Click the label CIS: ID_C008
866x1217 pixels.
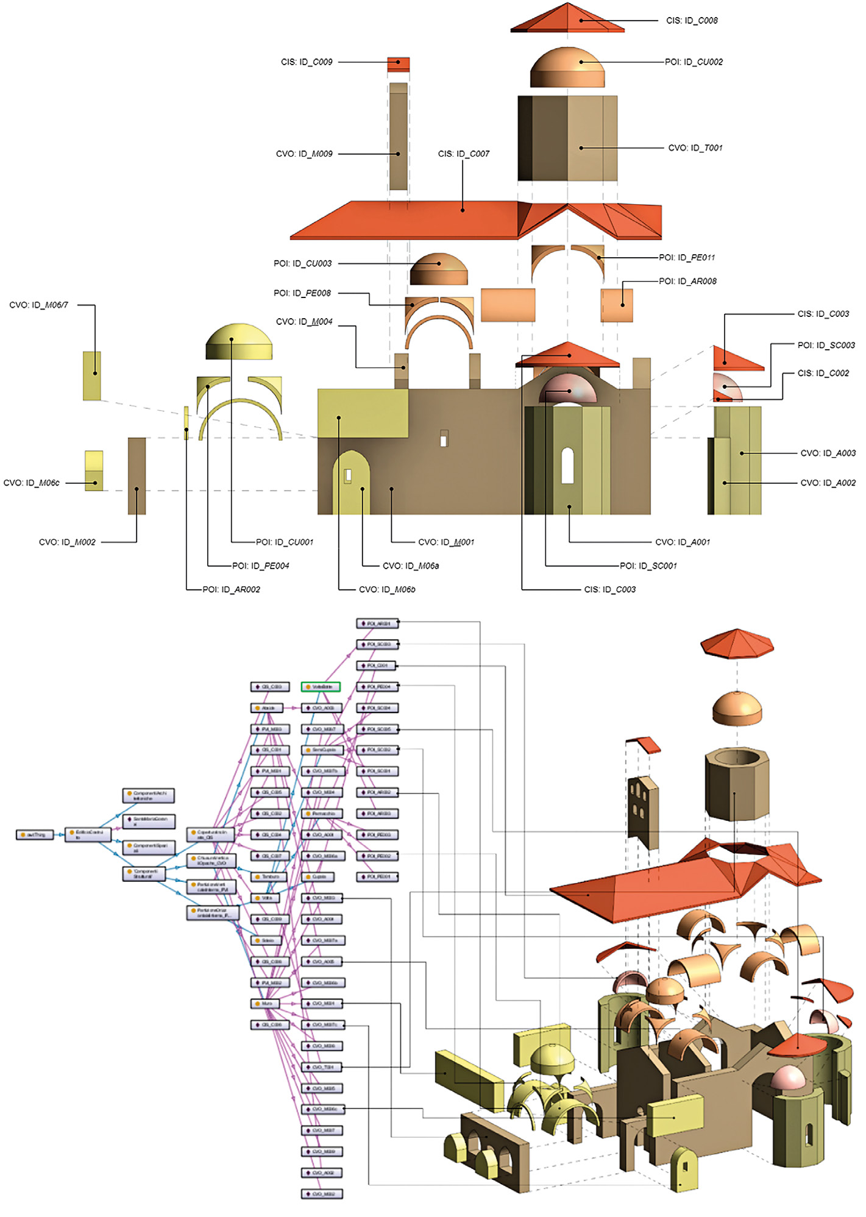[692, 21]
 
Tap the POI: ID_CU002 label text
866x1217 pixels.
[694, 62]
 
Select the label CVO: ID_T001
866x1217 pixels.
[695, 148]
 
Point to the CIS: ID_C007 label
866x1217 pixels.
[463, 154]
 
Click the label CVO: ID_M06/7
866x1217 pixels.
[38, 305]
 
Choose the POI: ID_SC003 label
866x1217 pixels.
[826, 346]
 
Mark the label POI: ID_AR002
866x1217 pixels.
[232, 590]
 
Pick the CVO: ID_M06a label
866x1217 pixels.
[411, 566]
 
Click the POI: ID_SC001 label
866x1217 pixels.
[648, 566]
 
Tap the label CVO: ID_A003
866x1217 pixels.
[828, 453]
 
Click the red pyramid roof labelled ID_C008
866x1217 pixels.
[567, 18]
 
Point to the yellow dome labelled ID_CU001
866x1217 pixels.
[239, 342]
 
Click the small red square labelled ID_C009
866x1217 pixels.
[399, 64]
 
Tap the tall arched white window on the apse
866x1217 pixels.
[567, 466]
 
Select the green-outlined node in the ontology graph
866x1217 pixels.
[321, 687]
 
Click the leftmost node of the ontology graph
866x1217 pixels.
[35, 834]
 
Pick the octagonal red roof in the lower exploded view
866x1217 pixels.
[737, 644]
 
